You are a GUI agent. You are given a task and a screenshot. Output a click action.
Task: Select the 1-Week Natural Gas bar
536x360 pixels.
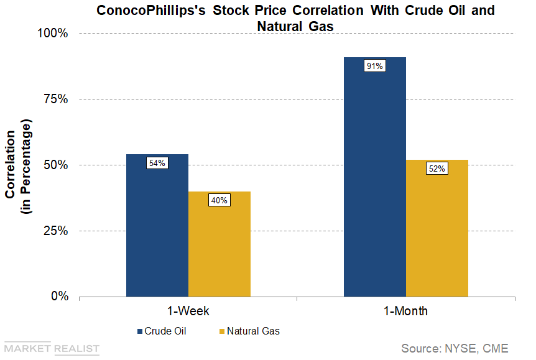[x=219, y=249]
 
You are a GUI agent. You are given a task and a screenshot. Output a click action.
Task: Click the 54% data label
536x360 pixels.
[x=157, y=163]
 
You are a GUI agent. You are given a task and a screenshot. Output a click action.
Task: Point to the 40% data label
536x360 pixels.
[x=219, y=200]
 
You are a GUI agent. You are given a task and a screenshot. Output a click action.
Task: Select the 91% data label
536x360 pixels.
[x=374, y=66]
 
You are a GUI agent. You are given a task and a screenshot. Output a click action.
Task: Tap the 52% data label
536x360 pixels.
[x=437, y=168]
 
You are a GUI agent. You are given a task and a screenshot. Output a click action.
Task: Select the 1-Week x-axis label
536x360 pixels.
[x=188, y=311]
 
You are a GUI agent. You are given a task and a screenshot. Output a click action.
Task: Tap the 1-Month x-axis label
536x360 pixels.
[x=405, y=311]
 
